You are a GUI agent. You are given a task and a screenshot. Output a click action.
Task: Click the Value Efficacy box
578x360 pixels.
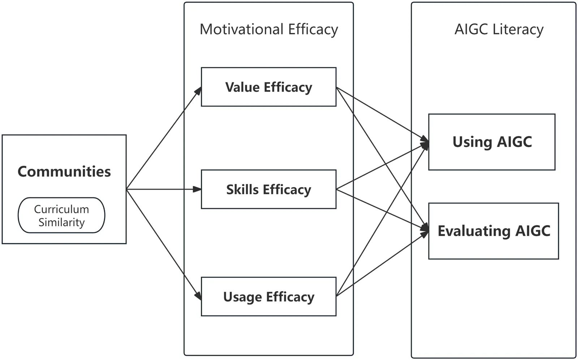click(268, 87)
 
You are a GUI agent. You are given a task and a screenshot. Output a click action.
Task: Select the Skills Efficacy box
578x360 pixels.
click(268, 189)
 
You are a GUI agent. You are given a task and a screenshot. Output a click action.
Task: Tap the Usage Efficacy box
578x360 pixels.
click(268, 297)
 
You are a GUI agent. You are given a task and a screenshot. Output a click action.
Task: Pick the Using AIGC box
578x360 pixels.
click(492, 142)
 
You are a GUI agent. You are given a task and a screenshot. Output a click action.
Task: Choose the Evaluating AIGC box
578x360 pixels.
click(493, 231)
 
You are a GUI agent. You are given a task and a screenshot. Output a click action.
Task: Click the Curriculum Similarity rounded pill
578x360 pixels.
click(61, 215)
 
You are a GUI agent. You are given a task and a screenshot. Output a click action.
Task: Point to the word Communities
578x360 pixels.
click(64, 172)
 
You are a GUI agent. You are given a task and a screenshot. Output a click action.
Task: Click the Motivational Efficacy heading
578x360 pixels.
click(269, 29)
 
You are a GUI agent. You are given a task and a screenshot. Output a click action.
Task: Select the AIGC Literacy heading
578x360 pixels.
click(499, 29)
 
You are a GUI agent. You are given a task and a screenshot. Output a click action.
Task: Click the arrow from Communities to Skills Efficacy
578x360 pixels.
click(163, 189)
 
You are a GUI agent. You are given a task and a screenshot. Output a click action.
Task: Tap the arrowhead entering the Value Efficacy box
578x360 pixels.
click(198, 91)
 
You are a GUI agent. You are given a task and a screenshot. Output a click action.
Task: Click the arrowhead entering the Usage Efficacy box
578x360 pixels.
click(198, 295)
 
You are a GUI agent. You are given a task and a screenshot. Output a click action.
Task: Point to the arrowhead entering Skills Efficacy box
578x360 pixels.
click(197, 189)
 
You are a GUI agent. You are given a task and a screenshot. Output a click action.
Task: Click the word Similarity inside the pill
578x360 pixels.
click(61, 222)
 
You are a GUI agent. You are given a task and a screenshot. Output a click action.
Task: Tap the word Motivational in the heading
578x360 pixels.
click(242, 29)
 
